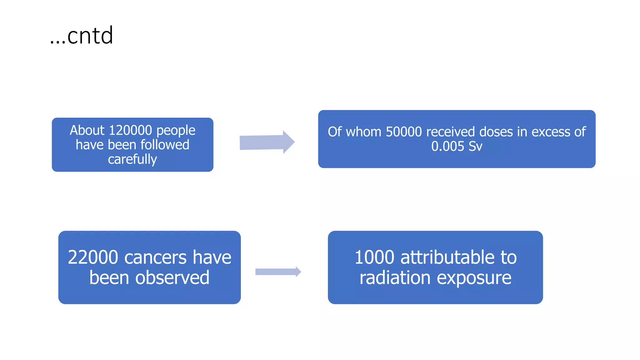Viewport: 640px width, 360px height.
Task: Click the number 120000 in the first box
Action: (130, 130)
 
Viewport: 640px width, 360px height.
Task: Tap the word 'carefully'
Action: (132, 159)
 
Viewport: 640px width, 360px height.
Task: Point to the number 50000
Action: (404, 132)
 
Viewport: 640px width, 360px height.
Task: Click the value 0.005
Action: (447, 146)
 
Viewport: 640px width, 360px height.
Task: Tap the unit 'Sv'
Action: (475, 146)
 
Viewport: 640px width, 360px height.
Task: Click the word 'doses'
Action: (496, 132)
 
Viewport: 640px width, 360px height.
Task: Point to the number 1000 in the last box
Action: (374, 257)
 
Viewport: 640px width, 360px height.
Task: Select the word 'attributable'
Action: (447, 257)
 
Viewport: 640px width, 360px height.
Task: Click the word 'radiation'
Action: (395, 277)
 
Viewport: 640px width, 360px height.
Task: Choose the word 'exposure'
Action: (474, 277)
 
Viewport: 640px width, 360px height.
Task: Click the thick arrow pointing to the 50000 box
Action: (267, 142)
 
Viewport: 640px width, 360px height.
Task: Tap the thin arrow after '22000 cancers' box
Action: (278, 272)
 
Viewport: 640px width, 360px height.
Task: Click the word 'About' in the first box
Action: (87, 130)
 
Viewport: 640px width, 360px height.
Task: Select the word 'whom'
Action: (364, 132)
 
